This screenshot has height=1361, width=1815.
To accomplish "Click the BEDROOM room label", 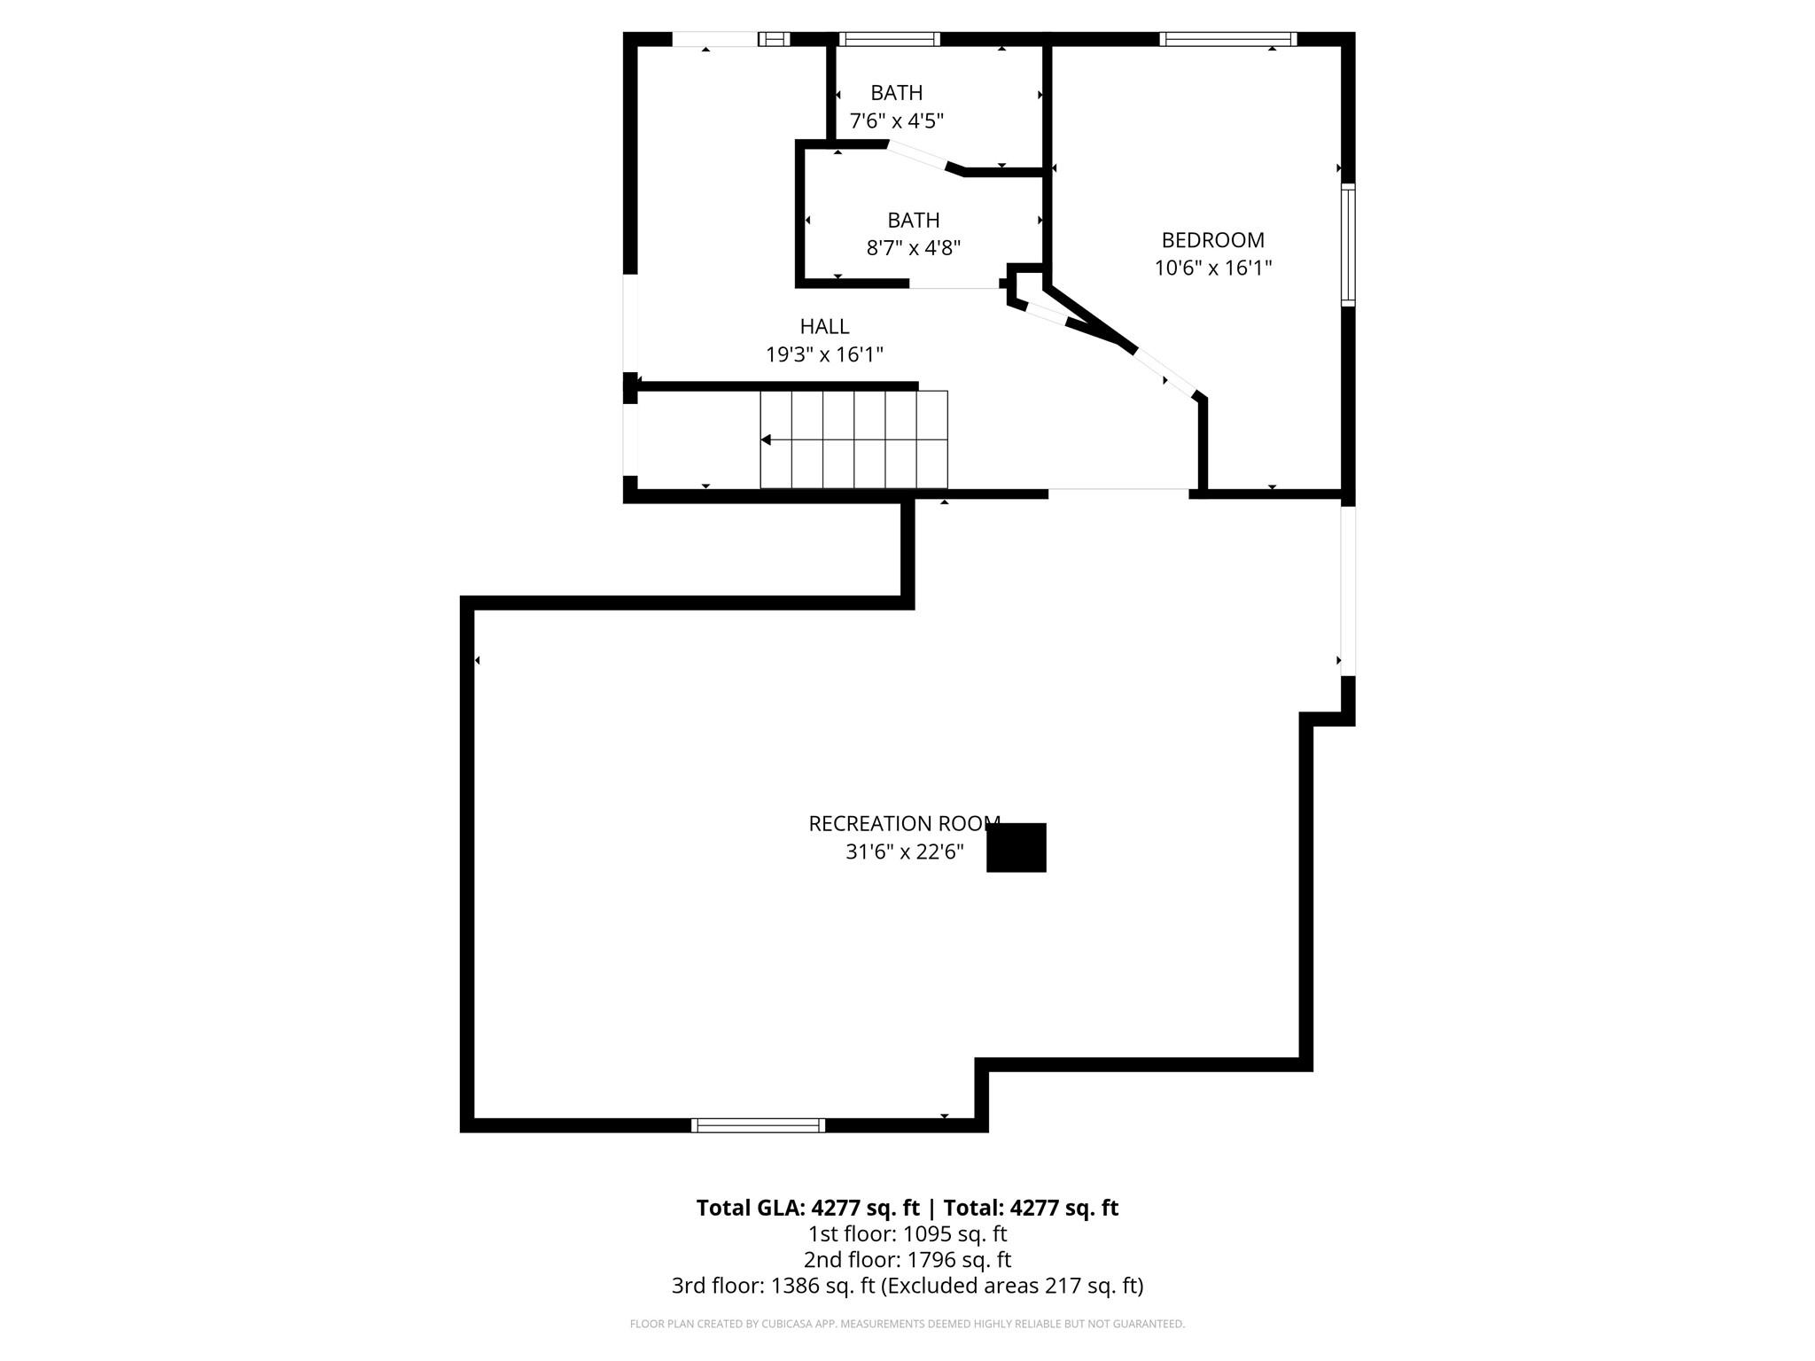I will (x=1212, y=240).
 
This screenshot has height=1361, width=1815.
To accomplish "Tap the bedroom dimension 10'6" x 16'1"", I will (x=1212, y=268).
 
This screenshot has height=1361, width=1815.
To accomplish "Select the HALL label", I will (x=824, y=326).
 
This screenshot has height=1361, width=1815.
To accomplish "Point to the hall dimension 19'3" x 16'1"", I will (x=824, y=354).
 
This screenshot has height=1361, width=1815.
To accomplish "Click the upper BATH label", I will (x=896, y=93).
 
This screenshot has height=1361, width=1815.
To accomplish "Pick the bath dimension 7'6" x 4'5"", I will (x=896, y=121).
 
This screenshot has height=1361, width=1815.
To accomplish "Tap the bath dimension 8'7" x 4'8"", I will (x=913, y=247).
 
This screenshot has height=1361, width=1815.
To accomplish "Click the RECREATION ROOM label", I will (x=904, y=824).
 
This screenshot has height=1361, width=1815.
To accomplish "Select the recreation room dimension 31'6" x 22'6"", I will (x=904, y=852).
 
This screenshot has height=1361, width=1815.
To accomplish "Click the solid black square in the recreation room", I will (x=1017, y=848).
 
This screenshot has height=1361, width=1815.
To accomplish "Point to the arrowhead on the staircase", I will (x=766, y=440).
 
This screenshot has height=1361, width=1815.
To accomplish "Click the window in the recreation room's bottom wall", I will (x=758, y=1125).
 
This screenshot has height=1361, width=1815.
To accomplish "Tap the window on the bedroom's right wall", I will (x=1348, y=245).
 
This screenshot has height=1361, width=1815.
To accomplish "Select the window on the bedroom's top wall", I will (x=1227, y=39).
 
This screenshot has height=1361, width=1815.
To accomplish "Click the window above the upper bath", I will (x=888, y=39).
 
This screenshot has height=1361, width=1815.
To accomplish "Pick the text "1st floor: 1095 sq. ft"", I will (x=907, y=1233).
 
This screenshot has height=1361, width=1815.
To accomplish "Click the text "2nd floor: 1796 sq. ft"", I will (x=907, y=1259).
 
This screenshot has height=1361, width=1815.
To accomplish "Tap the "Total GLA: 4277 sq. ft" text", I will (x=807, y=1208).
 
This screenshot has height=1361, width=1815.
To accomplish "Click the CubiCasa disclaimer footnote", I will (x=907, y=1324).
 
